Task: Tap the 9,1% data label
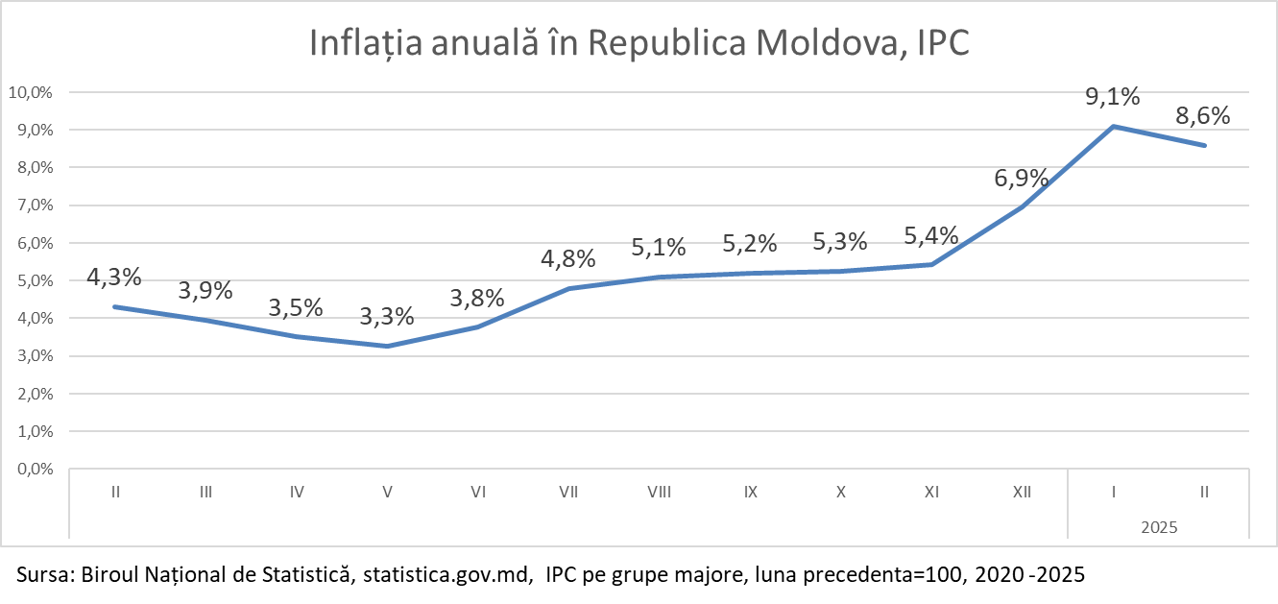[1113, 97]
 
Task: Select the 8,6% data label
[1203, 116]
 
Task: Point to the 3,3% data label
[387, 316]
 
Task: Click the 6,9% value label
[1021, 178]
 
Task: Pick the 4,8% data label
[567, 258]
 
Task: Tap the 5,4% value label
[931, 235]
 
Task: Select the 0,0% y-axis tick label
[33, 470]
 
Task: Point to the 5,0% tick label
[33, 281]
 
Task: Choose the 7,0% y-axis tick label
[33, 205]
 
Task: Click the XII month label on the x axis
[1022, 492]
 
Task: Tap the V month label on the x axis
[387, 492]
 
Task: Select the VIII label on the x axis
[659, 492]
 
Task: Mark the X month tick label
[841, 492]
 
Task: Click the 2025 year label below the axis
[1159, 527]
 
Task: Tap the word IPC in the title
[940, 44]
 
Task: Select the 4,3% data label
[114, 278]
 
